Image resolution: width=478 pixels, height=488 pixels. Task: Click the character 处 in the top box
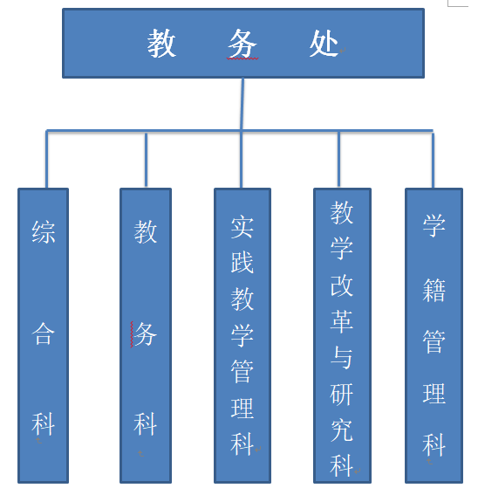(324, 44)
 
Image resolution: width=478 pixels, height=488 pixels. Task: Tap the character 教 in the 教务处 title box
(161, 44)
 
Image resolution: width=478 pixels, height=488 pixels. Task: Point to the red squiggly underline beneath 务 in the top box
(242, 58)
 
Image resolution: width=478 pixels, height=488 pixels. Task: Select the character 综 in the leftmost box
(44, 232)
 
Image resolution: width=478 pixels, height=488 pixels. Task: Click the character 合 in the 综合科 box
(44, 333)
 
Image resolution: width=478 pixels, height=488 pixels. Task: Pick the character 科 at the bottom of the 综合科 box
(44, 424)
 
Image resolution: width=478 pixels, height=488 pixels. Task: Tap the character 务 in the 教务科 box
(146, 333)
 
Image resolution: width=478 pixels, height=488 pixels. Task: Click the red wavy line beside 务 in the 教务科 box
(132, 334)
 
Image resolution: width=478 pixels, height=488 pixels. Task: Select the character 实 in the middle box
(242, 227)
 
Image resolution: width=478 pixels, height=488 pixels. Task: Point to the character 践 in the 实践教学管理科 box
(242, 263)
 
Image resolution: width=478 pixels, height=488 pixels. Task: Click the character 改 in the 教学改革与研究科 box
(341, 285)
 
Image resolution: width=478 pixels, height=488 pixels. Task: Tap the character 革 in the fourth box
(341, 321)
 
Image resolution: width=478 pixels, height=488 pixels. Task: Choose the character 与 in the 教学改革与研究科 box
(341, 358)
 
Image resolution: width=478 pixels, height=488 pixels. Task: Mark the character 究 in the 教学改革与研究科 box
(341, 430)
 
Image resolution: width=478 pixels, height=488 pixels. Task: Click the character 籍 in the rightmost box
(434, 290)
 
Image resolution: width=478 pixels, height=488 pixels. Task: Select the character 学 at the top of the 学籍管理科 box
(434, 225)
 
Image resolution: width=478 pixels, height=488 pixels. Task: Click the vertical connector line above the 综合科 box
(46, 159)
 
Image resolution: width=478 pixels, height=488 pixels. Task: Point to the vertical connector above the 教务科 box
(146, 160)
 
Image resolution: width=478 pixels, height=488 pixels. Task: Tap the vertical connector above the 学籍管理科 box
(433, 160)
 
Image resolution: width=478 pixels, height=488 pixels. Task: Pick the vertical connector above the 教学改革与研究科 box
(338, 159)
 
